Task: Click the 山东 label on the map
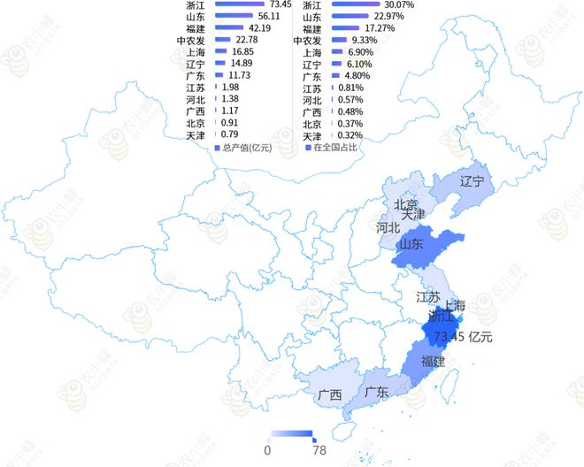tap(411, 244)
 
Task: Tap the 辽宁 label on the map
tap(473, 182)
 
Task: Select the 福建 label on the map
tap(434, 362)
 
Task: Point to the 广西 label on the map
tap(329, 395)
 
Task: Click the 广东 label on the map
tap(375, 392)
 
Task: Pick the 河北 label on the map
tap(388, 227)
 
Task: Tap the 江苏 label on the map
tap(429, 297)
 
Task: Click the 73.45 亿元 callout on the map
tap(463, 336)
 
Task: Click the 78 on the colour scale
tap(319, 449)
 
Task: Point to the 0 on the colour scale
tap(267, 449)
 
